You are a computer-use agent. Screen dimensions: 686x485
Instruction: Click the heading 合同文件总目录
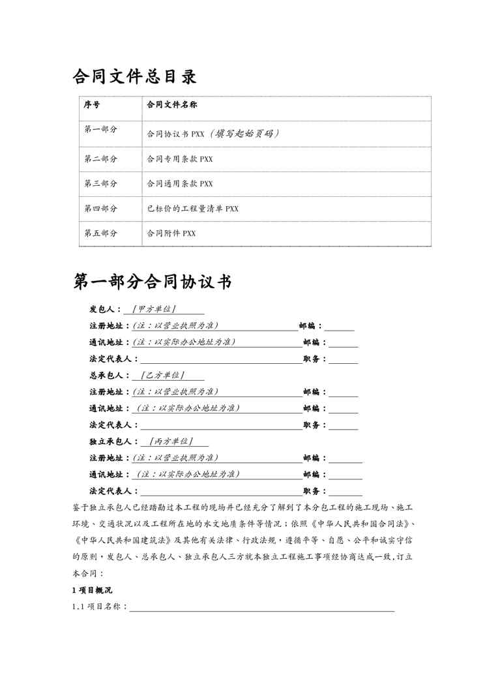[x=134, y=78]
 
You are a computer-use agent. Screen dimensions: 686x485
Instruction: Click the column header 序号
[x=92, y=104]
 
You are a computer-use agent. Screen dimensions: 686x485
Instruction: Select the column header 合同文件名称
[x=173, y=104]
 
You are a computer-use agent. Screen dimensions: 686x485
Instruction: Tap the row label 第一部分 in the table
[x=100, y=130]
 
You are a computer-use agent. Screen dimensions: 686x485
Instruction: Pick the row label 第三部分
[x=100, y=183]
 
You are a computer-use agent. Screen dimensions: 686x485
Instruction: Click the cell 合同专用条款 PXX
[x=181, y=158]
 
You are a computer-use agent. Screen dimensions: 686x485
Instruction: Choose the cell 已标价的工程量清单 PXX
[x=193, y=209]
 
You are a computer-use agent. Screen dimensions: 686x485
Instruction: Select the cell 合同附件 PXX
[x=171, y=233]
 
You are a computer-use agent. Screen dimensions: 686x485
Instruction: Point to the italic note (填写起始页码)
[x=244, y=134]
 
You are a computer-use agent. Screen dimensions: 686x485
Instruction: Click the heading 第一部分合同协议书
[x=153, y=282]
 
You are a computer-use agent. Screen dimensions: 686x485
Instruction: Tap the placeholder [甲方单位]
[x=154, y=308]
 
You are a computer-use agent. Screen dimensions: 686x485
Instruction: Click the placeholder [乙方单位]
[x=163, y=376]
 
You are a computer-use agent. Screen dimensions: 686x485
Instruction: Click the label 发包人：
[x=106, y=309]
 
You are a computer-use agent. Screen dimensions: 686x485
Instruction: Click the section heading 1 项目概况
[x=92, y=590]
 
